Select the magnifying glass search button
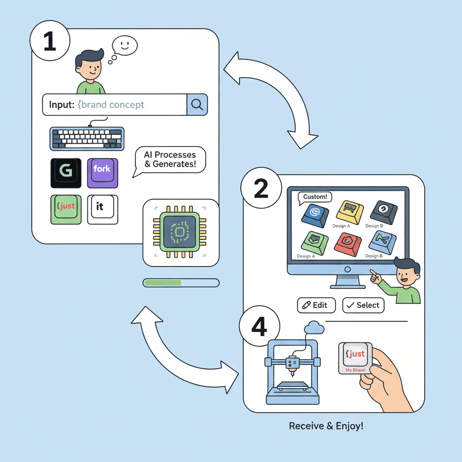tap(197, 105)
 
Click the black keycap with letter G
tap(66, 173)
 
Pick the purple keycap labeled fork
tap(102, 172)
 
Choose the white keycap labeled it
tap(102, 209)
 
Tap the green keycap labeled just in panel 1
tap(66, 209)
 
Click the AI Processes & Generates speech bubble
tap(170, 160)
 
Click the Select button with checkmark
tap(363, 305)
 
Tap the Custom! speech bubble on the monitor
tap(315, 197)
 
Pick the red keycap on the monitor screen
tap(348, 244)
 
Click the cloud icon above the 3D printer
tap(314, 328)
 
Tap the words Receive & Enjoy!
tap(326, 425)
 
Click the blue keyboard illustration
tap(87, 139)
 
